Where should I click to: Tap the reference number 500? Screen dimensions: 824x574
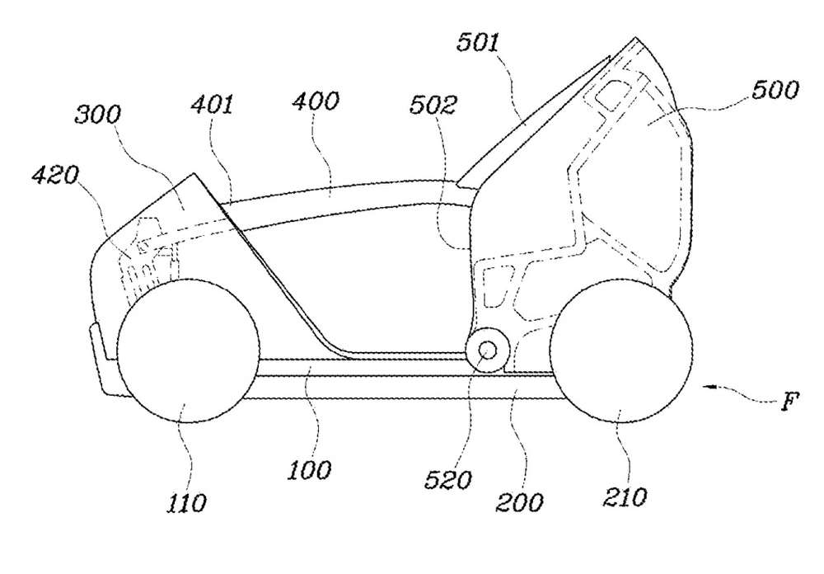[775, 89]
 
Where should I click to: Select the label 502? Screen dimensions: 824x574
[433, 106]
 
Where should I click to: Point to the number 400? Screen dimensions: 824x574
[316, 101]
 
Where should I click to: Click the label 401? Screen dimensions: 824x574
[211, 106]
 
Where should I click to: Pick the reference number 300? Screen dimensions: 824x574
[98, 114]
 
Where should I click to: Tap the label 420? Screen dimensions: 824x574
[54, 175]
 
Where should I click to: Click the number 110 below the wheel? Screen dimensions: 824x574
[186, 504]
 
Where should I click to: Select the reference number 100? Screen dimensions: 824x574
[310, 470]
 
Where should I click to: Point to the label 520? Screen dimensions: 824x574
[448, 479]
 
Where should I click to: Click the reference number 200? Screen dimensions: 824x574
[519, 502]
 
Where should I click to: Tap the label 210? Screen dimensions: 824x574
[625, 497]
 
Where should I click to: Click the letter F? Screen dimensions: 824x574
[789, 402]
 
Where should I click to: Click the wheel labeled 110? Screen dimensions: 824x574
[188, 351]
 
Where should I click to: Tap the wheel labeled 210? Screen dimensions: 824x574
[621, 351]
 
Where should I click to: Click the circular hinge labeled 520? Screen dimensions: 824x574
[488, 350]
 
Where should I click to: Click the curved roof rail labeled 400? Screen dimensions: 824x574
[342, 195]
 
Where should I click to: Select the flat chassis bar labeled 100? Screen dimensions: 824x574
[405, 367]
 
